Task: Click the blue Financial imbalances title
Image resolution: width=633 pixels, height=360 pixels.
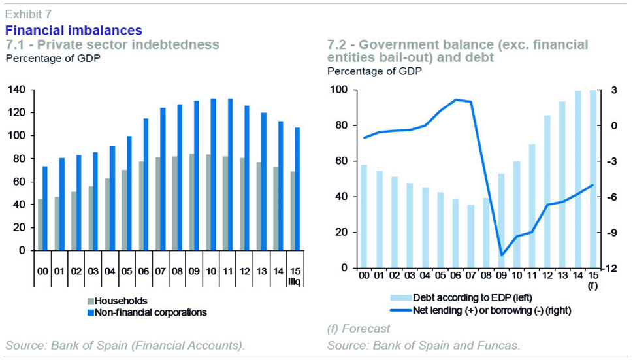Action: pyautogui.click(x=73, y=31)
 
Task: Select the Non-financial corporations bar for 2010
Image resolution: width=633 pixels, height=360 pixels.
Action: pyautogui.click(x=213, y=174)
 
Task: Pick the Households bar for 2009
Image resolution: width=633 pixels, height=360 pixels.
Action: pyautogui.click(x=191, y=202)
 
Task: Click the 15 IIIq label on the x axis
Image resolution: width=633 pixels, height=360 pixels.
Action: pyautogui.click(x=295, y=276)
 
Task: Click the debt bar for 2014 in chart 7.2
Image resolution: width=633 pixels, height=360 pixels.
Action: pyautogui.click(x=577, y=180)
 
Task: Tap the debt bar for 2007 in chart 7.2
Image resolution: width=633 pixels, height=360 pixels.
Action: pyautogui.click(x=470, y=237)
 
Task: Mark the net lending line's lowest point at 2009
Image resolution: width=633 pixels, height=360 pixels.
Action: pyautogui.click(x=502, y=255)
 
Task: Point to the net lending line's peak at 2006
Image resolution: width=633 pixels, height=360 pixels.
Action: pyautogui.click(x=456, y=99)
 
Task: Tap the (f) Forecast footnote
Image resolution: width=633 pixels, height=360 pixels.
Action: pyautogui.click(x=359, y=329)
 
